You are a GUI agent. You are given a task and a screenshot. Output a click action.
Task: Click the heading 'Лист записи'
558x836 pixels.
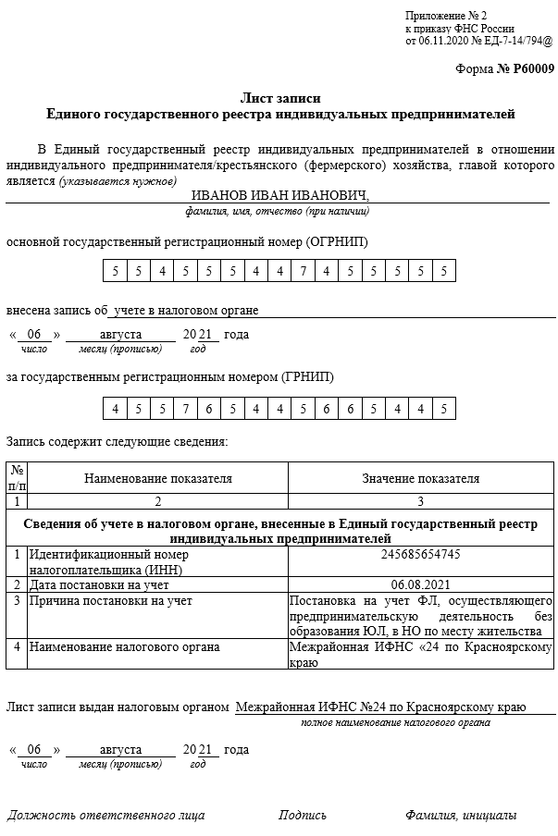tap(280, 98)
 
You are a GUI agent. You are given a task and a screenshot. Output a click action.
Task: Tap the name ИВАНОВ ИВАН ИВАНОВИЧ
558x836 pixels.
tap(279, 195)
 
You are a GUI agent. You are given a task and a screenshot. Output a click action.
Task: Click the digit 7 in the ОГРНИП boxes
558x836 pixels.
tap(303, 271)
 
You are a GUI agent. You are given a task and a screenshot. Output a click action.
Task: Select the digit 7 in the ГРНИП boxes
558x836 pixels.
tap(184, 409)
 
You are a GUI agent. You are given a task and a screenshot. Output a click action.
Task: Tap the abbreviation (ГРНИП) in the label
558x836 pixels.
tap(307, 377)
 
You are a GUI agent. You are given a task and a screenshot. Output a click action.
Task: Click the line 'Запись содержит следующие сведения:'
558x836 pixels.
tap(117, 442)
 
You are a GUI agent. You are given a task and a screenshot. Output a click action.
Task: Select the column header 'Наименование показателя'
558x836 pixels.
tap(158, 479)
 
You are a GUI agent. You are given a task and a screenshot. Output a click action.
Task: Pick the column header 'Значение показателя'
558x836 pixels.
tap(420, 479)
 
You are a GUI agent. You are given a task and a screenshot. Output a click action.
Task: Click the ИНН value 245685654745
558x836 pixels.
tap(420, 555)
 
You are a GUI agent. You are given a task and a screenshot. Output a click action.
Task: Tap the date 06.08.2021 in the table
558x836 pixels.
tap(420, 585)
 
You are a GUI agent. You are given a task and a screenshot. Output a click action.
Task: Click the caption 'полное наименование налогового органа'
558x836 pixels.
tap(395, 722)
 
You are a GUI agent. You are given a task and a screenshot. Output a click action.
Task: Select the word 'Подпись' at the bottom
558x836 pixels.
tap(303, 816)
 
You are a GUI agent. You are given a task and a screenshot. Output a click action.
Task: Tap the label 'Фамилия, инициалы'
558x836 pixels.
tap(460, 816)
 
